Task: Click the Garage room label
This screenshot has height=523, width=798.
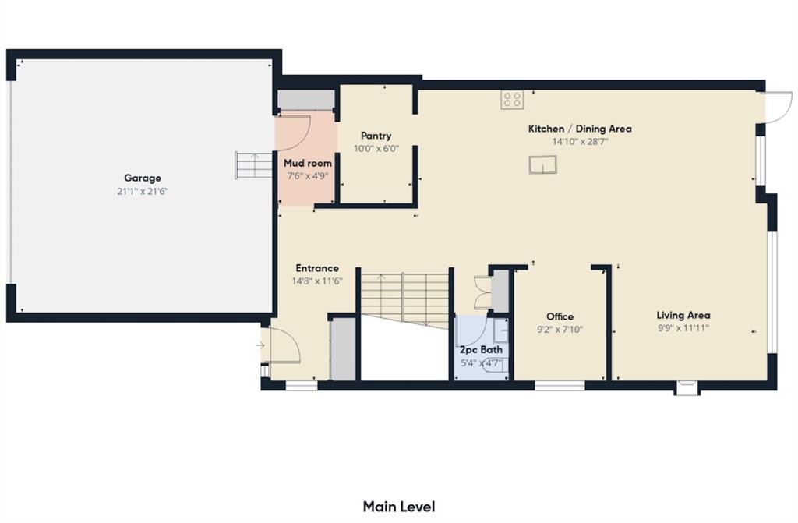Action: point(142,178)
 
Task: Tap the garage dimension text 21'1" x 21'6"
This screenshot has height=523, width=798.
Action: point(142,191)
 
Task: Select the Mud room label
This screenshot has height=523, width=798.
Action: point(307,164)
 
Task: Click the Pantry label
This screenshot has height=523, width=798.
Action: point(376,136)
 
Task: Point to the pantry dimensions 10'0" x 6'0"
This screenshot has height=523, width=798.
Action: point(376,148)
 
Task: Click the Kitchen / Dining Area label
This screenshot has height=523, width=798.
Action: point(580,129)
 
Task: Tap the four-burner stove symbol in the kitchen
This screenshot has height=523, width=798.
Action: point(512,99)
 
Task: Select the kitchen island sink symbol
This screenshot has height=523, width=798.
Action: point(542,164)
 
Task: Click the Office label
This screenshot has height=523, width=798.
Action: point(560,316)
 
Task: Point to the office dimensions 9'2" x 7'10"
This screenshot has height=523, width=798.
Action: point(560,329)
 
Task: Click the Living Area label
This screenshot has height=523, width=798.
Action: point(683,315)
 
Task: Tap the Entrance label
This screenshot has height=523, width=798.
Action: point(316,268)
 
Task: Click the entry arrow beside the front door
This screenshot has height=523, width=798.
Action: point(260,345)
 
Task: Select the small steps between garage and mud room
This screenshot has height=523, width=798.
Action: point(246,165)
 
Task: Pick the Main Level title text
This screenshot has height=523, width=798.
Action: point(399,507)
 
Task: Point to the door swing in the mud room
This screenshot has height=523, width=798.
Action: point(297,131)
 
